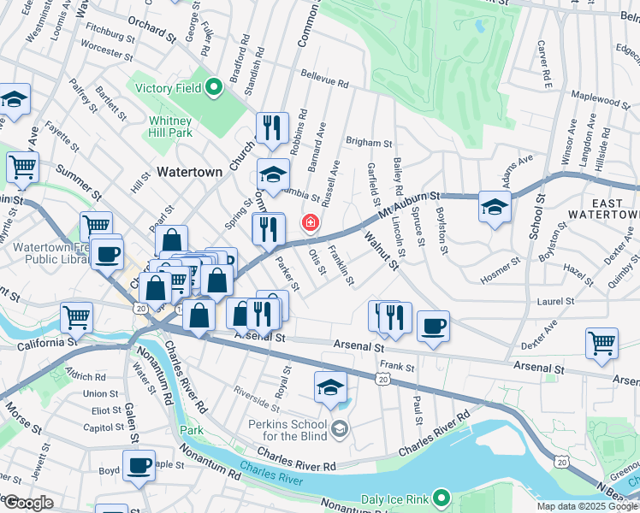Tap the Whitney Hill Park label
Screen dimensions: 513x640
click(x=169, y=127)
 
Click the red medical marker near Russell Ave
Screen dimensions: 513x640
click(x=309, y=224)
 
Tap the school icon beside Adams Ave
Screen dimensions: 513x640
click(x=494, y=207)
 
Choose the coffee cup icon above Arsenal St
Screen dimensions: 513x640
click(x=433, y=327)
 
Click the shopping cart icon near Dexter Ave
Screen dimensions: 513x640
click(x=601, y=343)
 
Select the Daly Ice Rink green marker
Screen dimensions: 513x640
click(x=441, y=497)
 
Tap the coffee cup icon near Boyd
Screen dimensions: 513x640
click(x=139, y=466)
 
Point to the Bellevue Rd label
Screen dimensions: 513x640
click(x=324, y=83)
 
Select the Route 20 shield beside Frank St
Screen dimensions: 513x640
click(x=382, y=378)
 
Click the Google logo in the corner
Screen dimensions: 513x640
click(x=28, y=503)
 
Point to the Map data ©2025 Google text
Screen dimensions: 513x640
click(x=587, y=506)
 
